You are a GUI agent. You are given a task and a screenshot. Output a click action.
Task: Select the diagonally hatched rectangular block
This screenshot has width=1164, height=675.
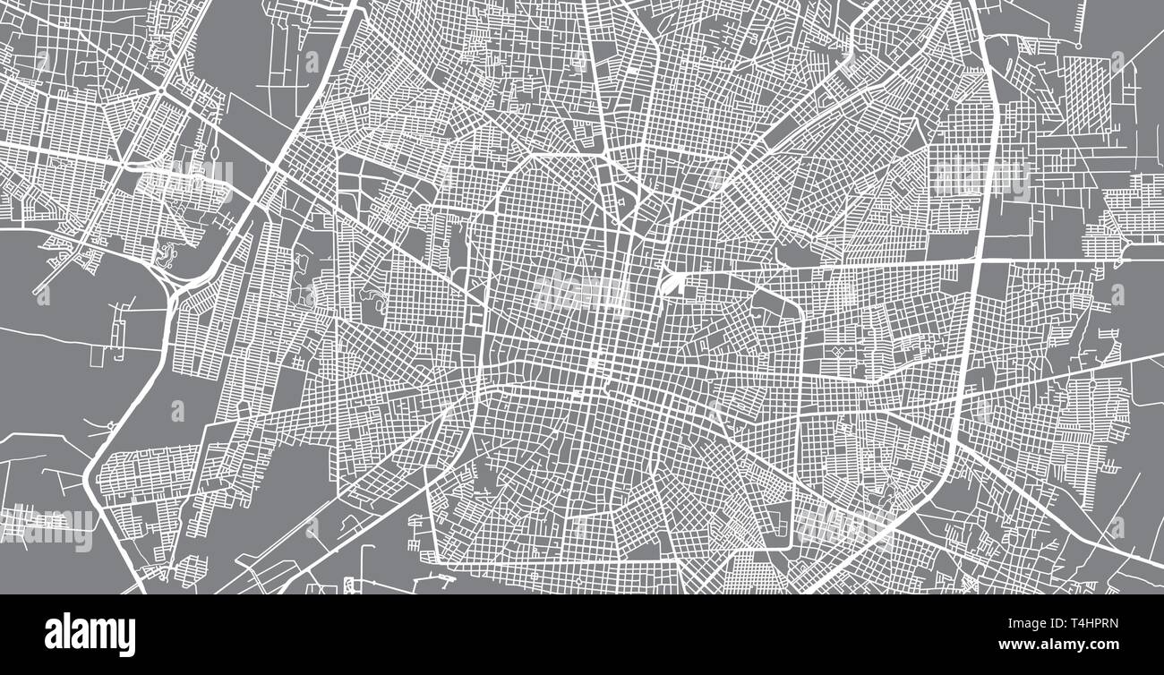tap(1086, 95)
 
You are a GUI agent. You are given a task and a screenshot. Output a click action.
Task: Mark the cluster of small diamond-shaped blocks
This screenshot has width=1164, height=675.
tap(840, 351)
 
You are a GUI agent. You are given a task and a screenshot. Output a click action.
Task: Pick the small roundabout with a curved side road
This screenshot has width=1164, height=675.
tap(165, 254)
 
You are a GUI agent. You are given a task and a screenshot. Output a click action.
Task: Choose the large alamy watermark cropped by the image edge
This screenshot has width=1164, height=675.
tap(45, 528)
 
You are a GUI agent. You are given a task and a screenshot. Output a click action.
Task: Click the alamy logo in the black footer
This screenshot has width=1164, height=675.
tap(90, 635)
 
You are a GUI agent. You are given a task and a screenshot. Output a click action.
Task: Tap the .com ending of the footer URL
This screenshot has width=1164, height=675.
tap(1103, 645)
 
